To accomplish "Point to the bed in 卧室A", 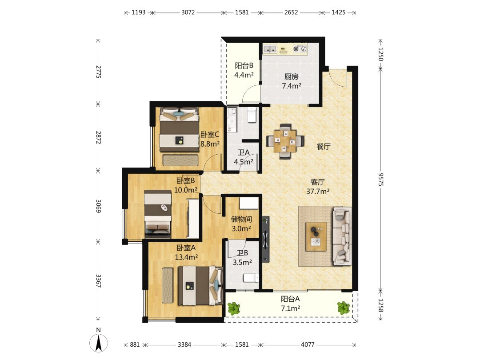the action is click(x=200, y=286).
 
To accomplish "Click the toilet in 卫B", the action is click(x=251, y=278).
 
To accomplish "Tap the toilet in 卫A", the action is click(x=252, y=115).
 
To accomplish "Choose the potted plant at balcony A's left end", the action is click(x=234, y=308).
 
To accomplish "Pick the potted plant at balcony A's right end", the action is click(x=344, y=308).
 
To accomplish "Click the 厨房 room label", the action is click(x=292, y=76).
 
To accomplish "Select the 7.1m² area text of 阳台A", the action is click(x=291, y=308).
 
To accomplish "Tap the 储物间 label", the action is click(x=241, y=219).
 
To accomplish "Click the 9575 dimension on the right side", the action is click(x=381, y=180).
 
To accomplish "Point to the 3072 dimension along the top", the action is click(x=188, y=12).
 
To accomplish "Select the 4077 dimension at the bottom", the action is click(x=308, y=344).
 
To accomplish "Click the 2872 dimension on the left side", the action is click(x=98, y=137).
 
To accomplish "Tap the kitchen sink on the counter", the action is click(x=270, y=49).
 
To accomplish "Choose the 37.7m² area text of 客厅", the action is click(x=318, y=192).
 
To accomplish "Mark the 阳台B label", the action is click(x=244, y=65).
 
